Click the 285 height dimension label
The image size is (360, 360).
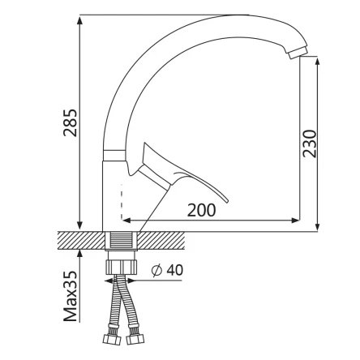pyautogui.click(x=71, y=122)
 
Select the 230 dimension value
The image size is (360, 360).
pyautogui.click(x=309, y=144)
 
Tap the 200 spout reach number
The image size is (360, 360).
pyautogui.click(x=202, y=210)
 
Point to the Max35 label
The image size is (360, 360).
pyautogui.click(x=71, y=296)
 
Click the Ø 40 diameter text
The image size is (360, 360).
pyautogui.click(x=167, y=270)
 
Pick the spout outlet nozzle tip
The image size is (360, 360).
pyautogui.click(x=298, y=52)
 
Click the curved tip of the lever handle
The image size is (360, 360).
pyautogui.click(x=225, y=199)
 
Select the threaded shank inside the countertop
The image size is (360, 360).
pyautogui.click(x=121, y=241)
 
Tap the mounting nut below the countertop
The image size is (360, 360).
pyautogui.click(x=121, y=267)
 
